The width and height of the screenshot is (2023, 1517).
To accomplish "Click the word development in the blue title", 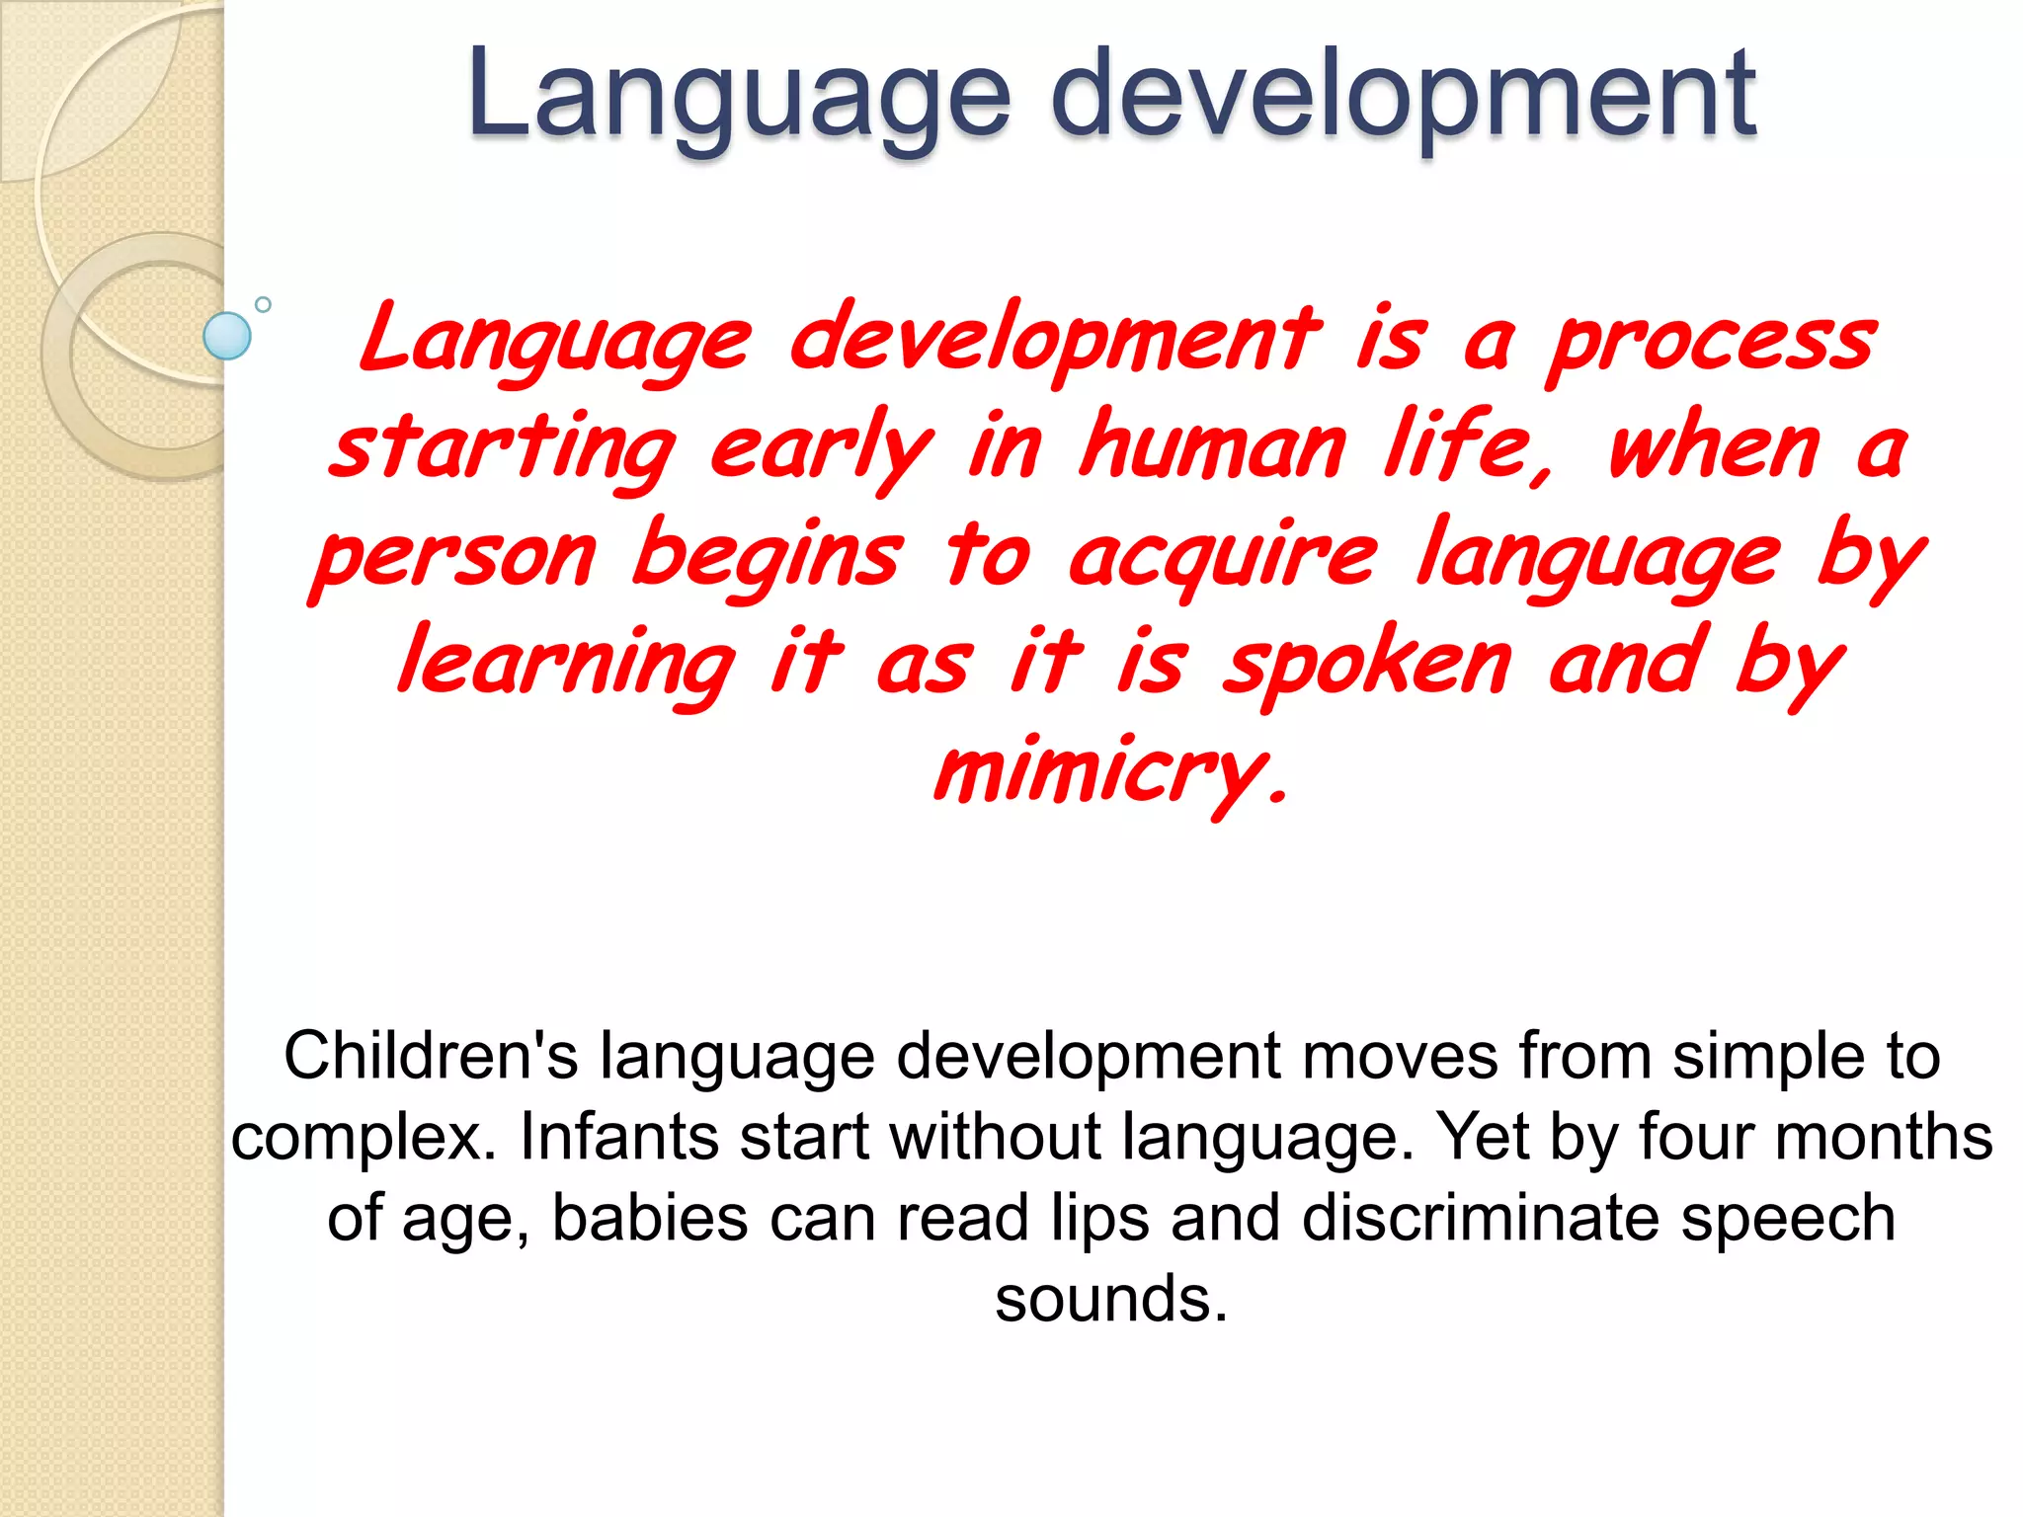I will pyautogui.click(x=1403, y=94).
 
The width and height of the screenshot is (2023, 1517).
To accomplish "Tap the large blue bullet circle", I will pyautogui.click(x=227, y=336).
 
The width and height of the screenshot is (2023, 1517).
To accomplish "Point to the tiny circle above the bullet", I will pyautogui.click(x=263, y=304).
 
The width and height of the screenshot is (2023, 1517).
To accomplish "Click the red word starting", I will pyautogui.click(x=502, y=449).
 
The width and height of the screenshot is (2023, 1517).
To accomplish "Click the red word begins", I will pyautogui.click(x=767, y=558).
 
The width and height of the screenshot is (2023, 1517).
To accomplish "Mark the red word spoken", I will pyautogui.click(x=1367, y=667).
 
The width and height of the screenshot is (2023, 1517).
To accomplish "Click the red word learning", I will pyautogui.click(x=565, y=667).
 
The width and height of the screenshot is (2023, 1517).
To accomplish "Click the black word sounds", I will pyautogui.click(x=1110, y=1299).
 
